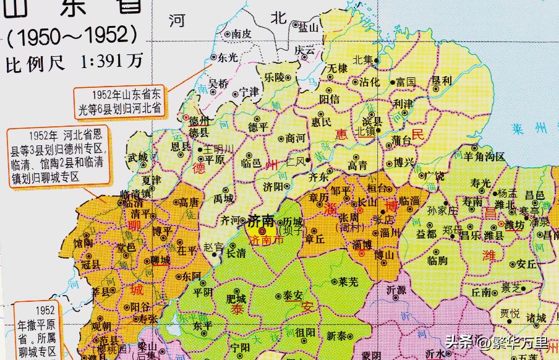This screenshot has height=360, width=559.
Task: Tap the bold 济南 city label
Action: coord(260,220)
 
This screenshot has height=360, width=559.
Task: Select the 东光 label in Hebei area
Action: coord(226,57)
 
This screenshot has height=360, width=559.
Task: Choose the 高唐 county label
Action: coord(189,202)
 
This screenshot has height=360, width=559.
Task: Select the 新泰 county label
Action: coord(338,336)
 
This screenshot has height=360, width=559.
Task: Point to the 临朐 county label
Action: coord(437,260)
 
